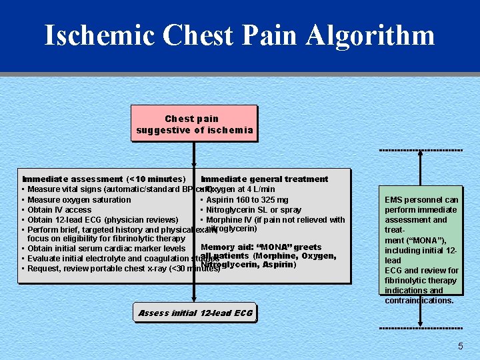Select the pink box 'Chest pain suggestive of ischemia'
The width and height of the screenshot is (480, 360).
coord(194,124)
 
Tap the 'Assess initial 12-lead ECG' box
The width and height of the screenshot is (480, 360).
coord(195,313)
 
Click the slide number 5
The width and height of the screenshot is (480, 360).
coord(460,346)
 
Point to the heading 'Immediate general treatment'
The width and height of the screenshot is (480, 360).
coord(265,179)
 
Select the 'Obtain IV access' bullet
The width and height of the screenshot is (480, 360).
coord(59,209)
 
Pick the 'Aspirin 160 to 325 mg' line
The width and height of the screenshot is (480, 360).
coord(247,199)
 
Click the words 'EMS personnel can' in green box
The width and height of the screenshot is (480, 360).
coord(421,199)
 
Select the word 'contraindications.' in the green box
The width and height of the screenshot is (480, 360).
coord(419,300)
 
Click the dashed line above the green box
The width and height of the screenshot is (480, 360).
coord(421,150)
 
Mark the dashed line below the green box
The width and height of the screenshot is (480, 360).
coord(421,329)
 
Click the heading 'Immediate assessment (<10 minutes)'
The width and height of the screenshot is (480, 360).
coord(103,179)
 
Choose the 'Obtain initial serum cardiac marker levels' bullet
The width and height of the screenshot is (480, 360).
coord(106,249)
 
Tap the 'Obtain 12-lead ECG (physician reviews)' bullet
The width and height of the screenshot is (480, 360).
coord(103,219)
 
